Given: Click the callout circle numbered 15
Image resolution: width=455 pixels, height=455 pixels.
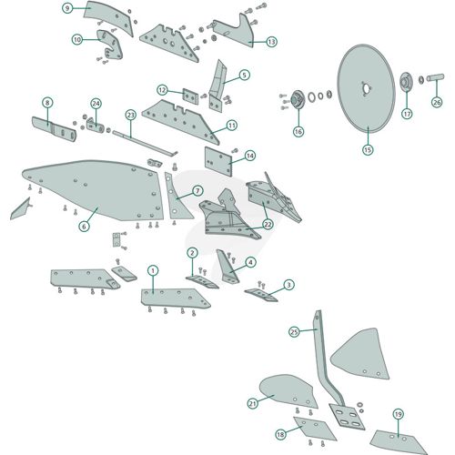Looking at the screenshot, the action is coord(368,149).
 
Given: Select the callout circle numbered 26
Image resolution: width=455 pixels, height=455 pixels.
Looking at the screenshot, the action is coord(437,102).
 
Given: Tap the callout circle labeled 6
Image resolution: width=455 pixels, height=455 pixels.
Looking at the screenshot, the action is coord(84,226).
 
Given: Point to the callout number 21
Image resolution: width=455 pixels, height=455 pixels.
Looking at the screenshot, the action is coord(253,403).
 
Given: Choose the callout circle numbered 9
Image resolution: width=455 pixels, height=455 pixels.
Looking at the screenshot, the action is coord(67,8).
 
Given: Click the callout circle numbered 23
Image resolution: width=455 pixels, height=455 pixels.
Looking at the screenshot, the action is coord(130,115).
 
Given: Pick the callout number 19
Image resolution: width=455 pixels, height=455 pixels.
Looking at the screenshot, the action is coord(398,414).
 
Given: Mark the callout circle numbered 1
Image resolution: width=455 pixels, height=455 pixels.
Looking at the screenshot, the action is coord(153,270).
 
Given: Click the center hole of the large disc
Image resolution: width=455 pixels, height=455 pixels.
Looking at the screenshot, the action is coord(367,88).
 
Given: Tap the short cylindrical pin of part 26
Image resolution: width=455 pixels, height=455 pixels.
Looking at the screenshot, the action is coord(435,77).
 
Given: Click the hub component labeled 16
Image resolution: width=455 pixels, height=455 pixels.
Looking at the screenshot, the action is coord(297,99).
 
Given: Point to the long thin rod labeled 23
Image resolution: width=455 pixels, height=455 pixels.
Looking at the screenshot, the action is coord(144,144).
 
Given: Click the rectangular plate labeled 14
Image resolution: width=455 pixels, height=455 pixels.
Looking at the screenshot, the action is coord(218,161).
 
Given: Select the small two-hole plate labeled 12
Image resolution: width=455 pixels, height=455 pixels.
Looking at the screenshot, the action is coord(190,96).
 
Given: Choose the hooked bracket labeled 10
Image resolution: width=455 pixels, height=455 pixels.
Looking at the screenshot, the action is coord(111,45).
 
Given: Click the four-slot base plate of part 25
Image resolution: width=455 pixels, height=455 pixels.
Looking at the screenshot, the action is coord(347,417).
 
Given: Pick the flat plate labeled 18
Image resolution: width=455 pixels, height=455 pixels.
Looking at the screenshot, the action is coord(314,429).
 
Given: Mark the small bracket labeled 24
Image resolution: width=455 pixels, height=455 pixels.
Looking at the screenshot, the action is coord(96,126).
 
